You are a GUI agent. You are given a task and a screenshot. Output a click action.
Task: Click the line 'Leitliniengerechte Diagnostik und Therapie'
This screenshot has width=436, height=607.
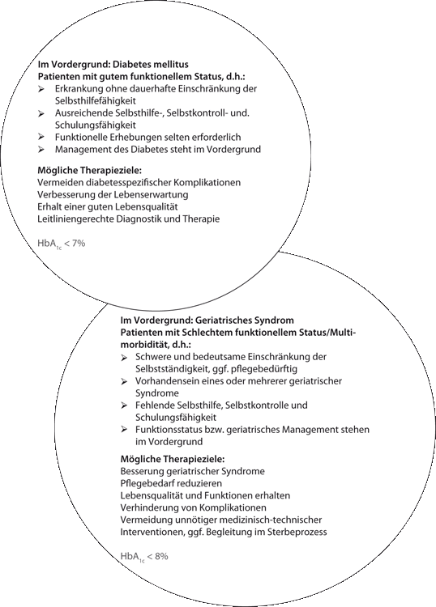pos(128,219)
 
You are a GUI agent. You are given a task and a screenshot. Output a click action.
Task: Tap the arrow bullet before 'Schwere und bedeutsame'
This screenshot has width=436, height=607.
pos(124,356)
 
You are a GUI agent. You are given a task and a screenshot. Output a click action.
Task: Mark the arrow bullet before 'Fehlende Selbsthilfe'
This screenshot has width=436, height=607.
pos(124,404)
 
